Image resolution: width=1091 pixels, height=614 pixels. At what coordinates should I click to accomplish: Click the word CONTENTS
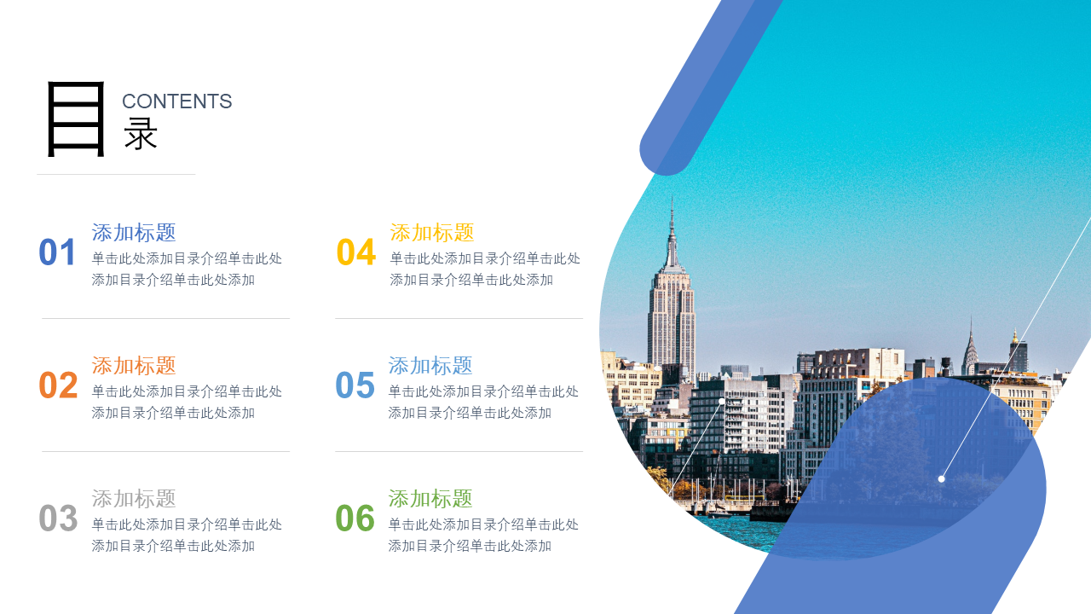(x=176, y=101)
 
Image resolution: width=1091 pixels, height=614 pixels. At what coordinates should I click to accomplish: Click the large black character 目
(x=76, y=119)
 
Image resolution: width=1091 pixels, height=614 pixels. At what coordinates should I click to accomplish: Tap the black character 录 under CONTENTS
(x=141, y=134)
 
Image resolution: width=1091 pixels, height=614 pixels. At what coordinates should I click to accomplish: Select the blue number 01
(x=57, y=252)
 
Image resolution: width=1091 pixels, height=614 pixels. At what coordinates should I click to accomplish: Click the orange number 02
(x=58, y=385)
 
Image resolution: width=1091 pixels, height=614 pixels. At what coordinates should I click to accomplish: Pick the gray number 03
(x=58, y=518)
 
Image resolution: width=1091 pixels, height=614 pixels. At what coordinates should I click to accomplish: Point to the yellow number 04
(x=356, y=252)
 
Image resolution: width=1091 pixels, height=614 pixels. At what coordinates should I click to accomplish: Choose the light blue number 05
(x=355, y=385)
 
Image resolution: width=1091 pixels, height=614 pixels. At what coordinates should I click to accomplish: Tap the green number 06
(x=355, y=518)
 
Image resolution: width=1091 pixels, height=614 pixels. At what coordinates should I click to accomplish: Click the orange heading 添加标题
(x=134, y=366)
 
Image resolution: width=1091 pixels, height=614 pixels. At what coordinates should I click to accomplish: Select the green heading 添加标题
(x=430, y=499)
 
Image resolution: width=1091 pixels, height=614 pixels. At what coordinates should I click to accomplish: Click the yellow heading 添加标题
(x=431, y=233)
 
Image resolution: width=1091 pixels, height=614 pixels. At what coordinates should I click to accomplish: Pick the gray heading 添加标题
(x=134, y=499)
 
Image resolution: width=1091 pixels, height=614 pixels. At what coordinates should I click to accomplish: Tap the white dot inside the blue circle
(x=942, y=479)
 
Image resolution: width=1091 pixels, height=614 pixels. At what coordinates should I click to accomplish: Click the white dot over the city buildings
(x=722, y=401)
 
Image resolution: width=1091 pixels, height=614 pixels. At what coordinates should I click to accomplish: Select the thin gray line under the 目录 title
(x=116, y=174)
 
